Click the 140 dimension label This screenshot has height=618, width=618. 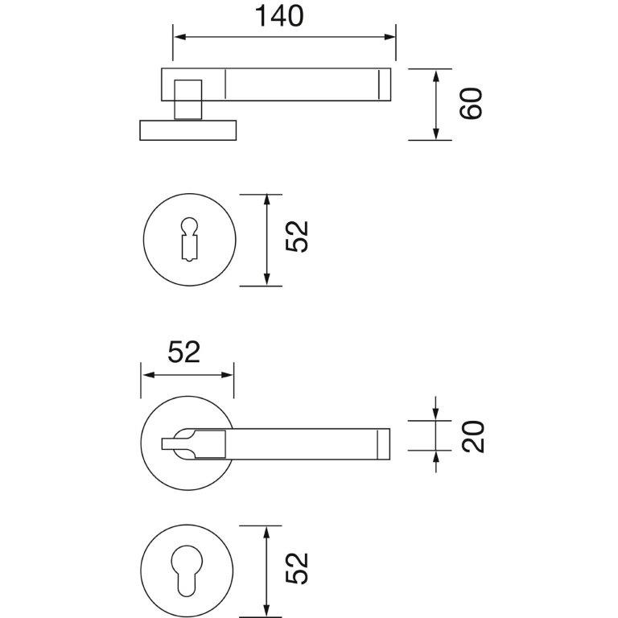click(279, 16)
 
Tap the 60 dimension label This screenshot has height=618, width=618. click(471, 103)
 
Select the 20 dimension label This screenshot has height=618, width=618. click(472, 437)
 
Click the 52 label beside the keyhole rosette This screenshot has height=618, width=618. click(297, 237)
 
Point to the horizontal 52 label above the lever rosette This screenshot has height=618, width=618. click(184, 352)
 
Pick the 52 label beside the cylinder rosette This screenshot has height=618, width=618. click(297, 568)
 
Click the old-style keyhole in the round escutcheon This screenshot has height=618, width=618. click(189, 239)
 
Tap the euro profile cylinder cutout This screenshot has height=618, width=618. click(187, 571)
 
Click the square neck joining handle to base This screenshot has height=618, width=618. click(188, 100)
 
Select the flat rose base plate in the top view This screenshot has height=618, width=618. click(188, 130)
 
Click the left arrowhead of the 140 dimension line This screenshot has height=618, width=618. click(179, 37)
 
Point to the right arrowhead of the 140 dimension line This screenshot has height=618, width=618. click(389, 37)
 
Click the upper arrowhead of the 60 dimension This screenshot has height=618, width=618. click(435, 76)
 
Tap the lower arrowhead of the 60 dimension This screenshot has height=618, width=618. click(435, 134)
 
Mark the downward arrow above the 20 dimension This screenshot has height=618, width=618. click(435, 409)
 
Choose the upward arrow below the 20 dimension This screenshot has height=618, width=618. click(435, 462)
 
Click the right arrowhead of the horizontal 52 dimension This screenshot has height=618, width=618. click(228, 375)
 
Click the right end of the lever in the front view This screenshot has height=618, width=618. click(389, 444)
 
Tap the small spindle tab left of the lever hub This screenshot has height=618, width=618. click(168, 444)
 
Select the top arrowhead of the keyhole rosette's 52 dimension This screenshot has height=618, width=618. click(267, 200)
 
